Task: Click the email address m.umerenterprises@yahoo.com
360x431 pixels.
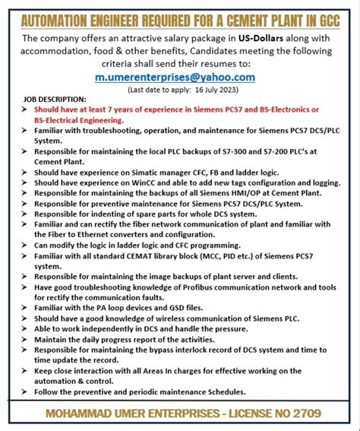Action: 175,77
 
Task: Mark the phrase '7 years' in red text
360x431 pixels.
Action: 112,110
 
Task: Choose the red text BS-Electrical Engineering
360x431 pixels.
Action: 78,120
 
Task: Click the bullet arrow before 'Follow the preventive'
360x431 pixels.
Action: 27,392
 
